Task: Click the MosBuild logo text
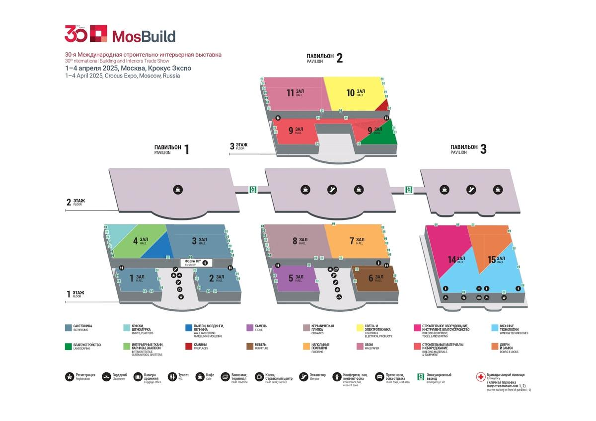point(144,36)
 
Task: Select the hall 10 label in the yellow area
point(355,92)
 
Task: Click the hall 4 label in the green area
point(140,241)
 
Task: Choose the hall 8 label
point(299,241)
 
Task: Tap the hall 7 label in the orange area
point(357,241)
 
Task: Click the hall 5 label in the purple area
point(295,279)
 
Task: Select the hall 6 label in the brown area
point(375,278)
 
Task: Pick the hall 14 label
point(456,259)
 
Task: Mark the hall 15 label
point(496,259)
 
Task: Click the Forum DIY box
point(196,263)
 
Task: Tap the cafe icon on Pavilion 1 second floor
point(178,189)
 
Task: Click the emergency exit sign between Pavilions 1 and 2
point(253,189)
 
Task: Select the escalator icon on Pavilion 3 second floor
point(471,189)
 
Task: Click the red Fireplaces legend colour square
point(189,346)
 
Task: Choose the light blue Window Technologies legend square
point(495,328)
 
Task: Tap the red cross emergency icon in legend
point(480,377)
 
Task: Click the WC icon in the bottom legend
point(172,377)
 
